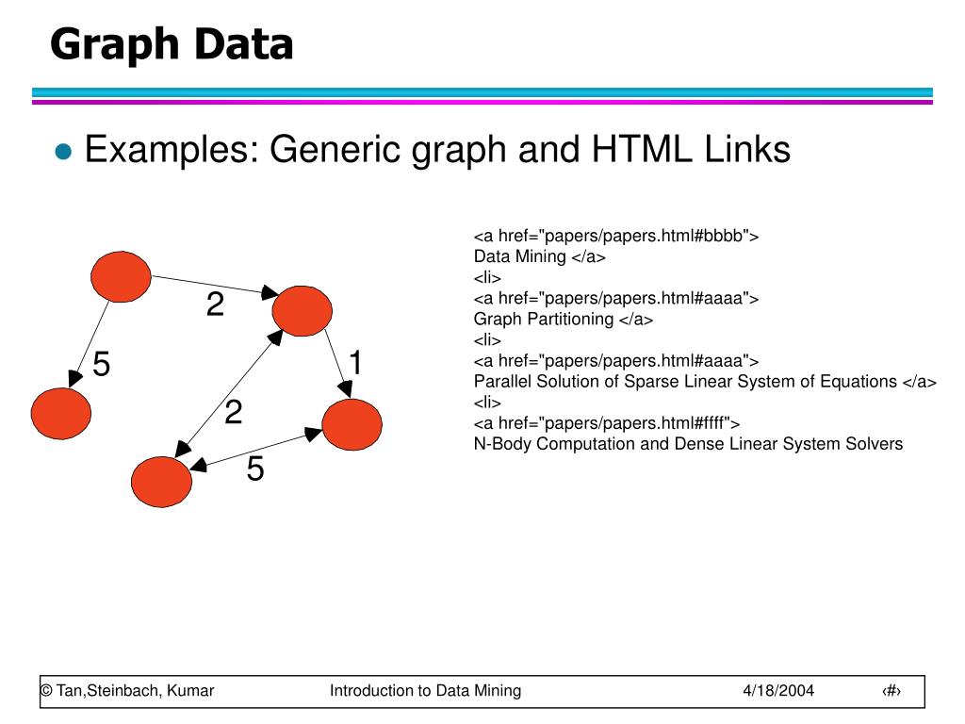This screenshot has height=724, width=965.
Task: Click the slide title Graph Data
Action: pos(172,44)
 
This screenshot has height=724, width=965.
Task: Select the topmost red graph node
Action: pos(121,276)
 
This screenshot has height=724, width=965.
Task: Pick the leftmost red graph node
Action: pos(61,412)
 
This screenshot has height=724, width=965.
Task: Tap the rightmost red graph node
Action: pos(352,424)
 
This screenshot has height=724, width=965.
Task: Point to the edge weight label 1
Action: pos(356,362)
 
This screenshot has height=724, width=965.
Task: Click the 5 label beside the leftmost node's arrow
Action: pos(102,364)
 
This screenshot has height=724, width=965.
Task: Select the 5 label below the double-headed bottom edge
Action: pos(255,469)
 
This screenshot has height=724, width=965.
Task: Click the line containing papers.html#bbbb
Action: pos(616,236)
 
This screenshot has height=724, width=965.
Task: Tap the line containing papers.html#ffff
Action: pos(607,422)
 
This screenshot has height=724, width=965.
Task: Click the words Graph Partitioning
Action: pos(544,319)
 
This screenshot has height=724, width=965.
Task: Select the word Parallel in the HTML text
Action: pos(499,381)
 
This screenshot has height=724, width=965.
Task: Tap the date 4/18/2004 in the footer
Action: pos(777,690)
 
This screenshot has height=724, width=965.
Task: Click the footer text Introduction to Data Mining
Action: pos(425,690)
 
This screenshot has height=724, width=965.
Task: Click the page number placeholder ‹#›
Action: pos(891,690)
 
